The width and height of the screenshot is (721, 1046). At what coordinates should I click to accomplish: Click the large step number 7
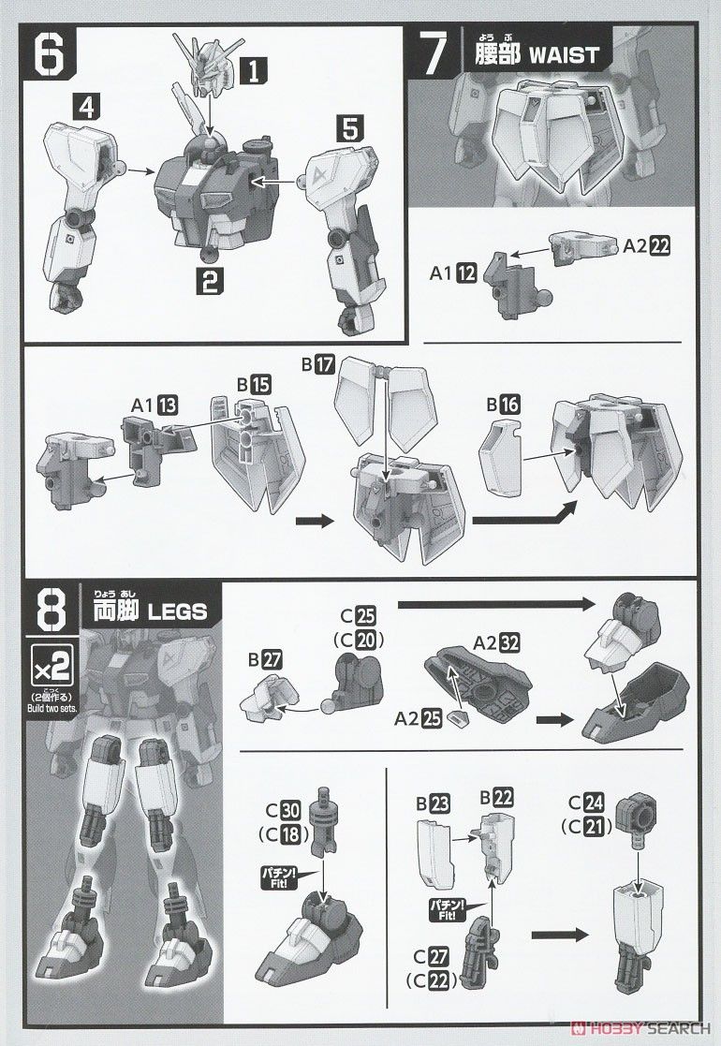434,55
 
